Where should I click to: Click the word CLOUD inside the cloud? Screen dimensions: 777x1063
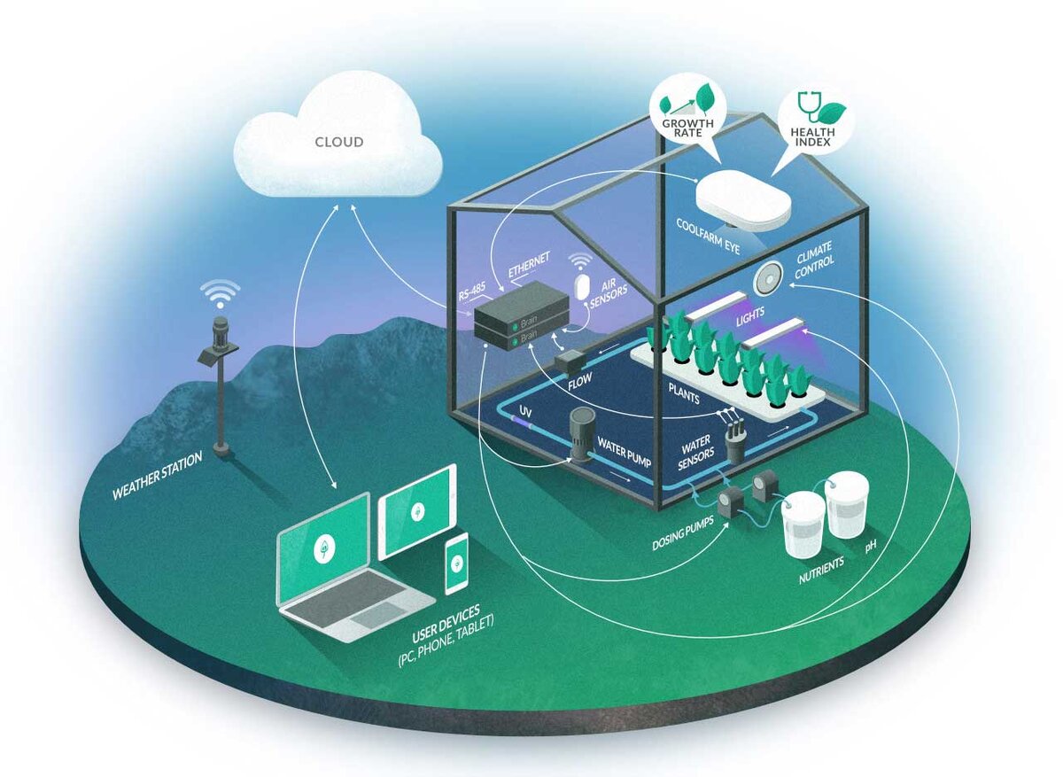338,142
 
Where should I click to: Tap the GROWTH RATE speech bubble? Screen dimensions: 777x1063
687,111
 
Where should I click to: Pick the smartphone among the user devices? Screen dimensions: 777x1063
456,563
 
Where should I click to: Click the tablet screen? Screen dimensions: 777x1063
417,511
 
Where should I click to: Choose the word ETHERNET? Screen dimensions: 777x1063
529,266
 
